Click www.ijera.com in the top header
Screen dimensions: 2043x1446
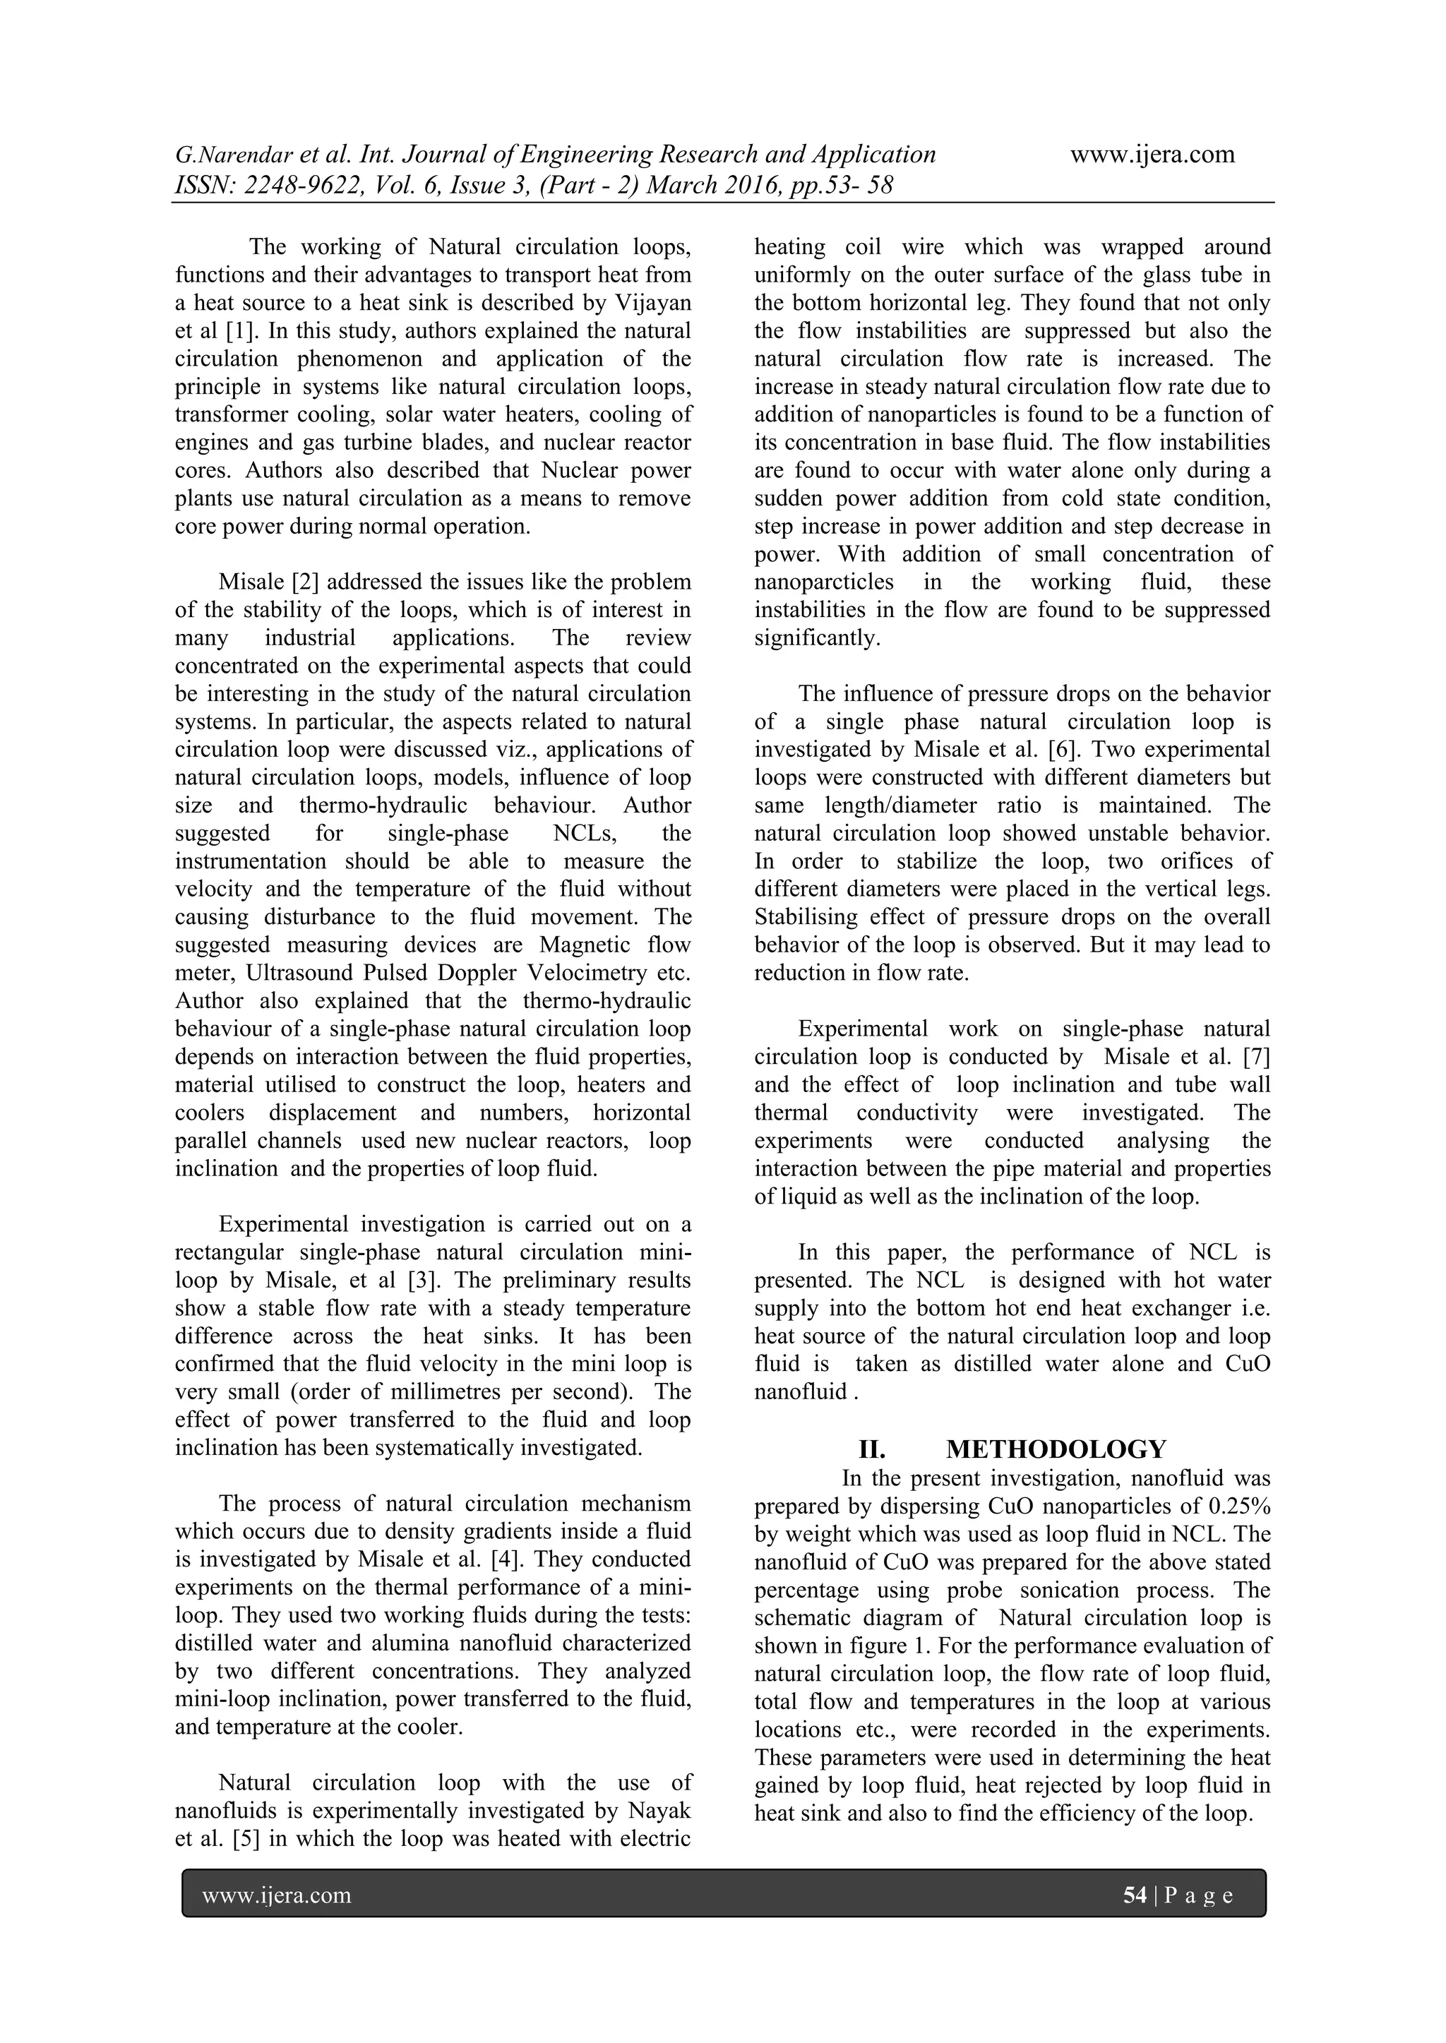(1152, 155)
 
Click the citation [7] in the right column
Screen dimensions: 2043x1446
(1255, 1057)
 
